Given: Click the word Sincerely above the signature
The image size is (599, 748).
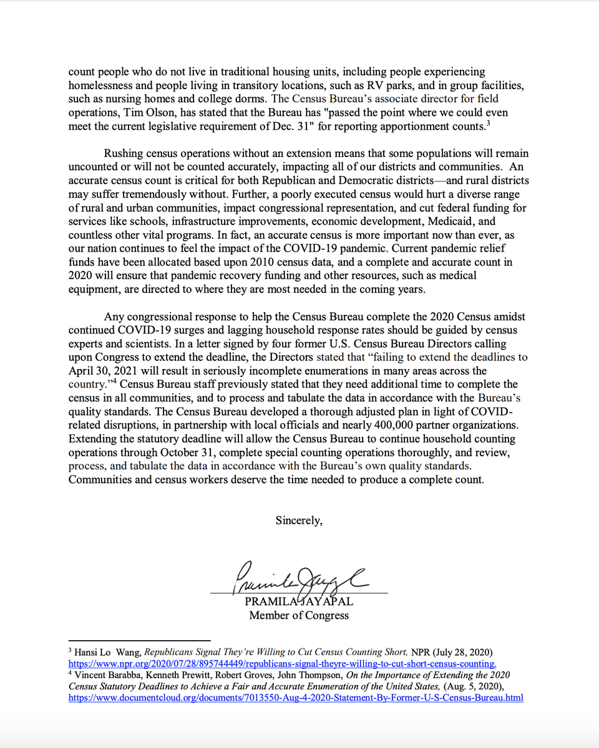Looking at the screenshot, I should pos(299,521).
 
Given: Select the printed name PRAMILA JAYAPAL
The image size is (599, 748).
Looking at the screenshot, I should pos(299,602).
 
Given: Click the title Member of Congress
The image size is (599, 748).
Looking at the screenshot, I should pos(299,616).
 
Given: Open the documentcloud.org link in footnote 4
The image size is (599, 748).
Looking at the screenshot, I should pos(295,698).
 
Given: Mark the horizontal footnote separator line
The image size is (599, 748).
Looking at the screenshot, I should pos(139,640).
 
